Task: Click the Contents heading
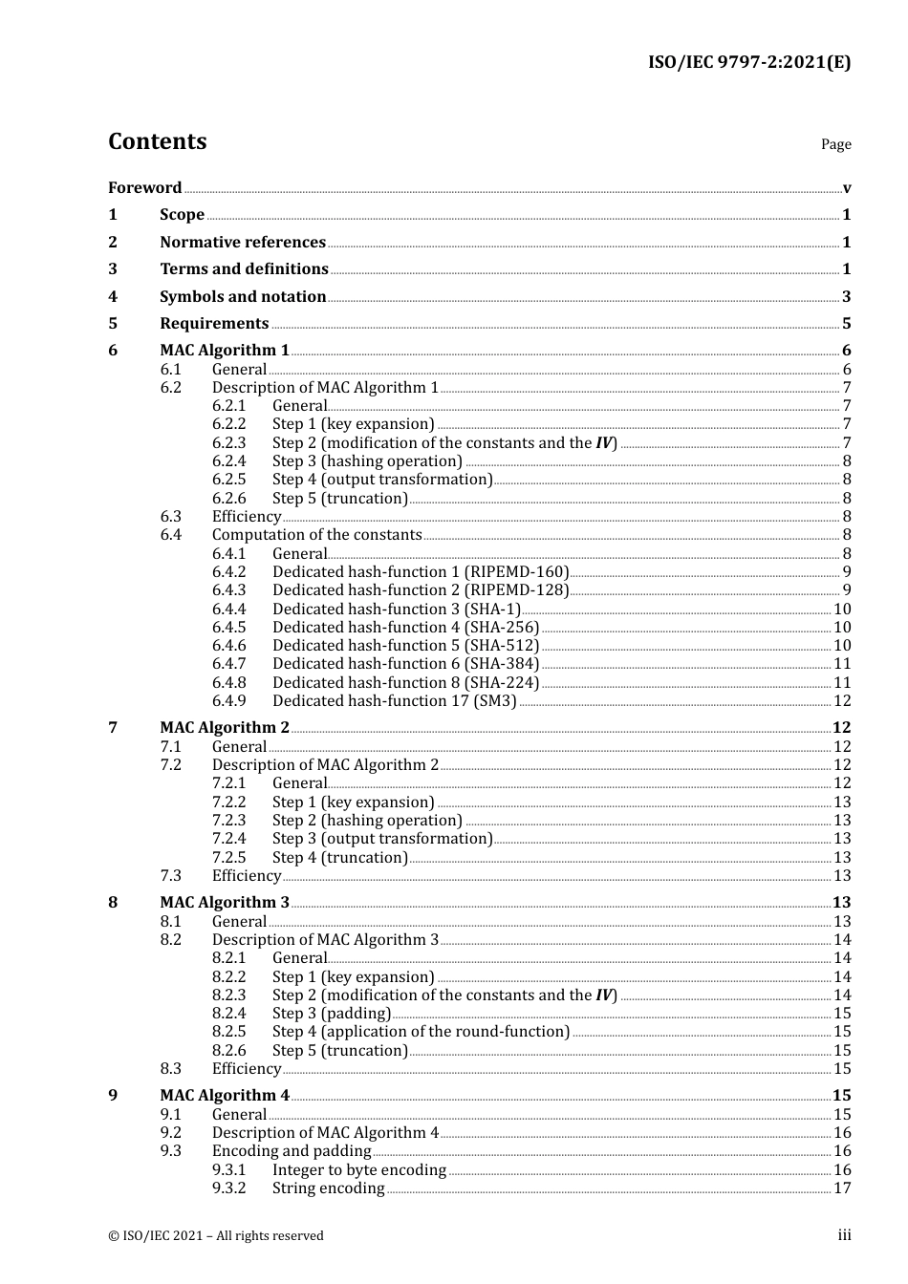[157, 141]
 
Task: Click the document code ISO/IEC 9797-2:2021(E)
[749, 63]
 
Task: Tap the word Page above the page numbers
[835, 144]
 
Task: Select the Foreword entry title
[144, 187]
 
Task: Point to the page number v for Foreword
[847, 188]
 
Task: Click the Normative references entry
[243, 242]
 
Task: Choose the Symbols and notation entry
[243, 296]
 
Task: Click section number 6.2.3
[228, 442]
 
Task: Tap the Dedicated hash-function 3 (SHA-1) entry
[396, 609]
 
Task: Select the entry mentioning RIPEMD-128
[421, 589]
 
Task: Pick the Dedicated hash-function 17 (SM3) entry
[394, 700]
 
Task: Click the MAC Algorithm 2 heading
[225, 727]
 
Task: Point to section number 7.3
[170, 875]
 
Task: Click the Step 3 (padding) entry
[332, 1013]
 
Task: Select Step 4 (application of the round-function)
[421, 1031]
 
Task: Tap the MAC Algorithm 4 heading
[225, 1095]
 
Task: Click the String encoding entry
[328, 1188]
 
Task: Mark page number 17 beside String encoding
[842, 1188]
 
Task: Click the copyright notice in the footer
[216, 1235]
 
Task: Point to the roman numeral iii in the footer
[844, 1235]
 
